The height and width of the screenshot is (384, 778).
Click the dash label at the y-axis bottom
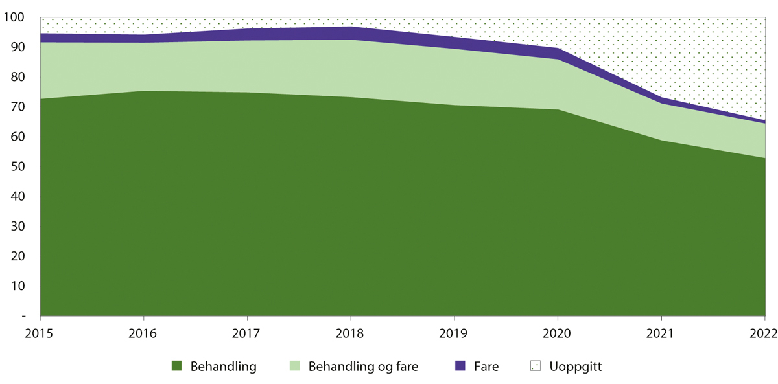pyautogui.click(x=23, y=316)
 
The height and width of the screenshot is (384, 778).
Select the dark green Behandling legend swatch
pyautogui.click(x=176, y=367)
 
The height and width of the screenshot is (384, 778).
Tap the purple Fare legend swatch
pyautogui.click(x=460, y=367)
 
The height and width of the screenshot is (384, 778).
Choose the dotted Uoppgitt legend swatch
pyautogui.click(x=535, y=367)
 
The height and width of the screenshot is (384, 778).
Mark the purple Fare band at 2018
pyautogui.click(x=351, y=33)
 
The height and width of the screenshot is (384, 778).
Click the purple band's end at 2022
pyautogui.click(x=763, y=121)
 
